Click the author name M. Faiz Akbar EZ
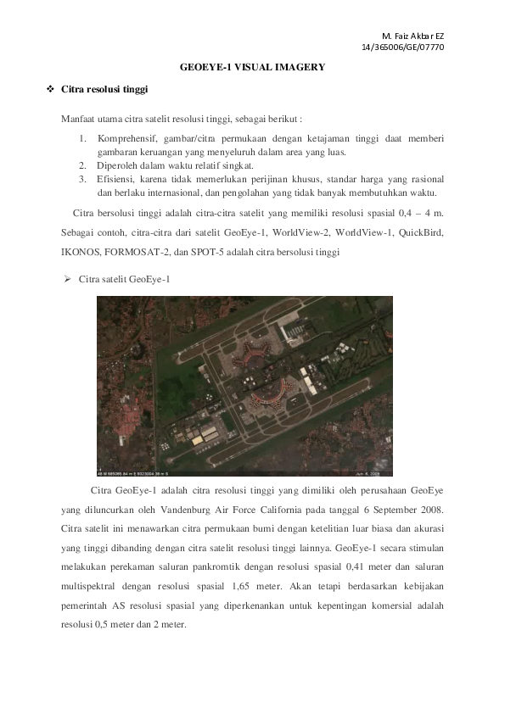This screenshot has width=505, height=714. [412, 36]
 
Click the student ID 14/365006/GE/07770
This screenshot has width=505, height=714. [403, 47]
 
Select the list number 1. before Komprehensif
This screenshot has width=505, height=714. [83, 137]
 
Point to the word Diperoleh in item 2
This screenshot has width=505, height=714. [120, 165]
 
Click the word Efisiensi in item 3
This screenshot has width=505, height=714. [120, 180]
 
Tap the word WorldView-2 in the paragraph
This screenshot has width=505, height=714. [300, 231]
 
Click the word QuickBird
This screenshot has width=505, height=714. [421, 231]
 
